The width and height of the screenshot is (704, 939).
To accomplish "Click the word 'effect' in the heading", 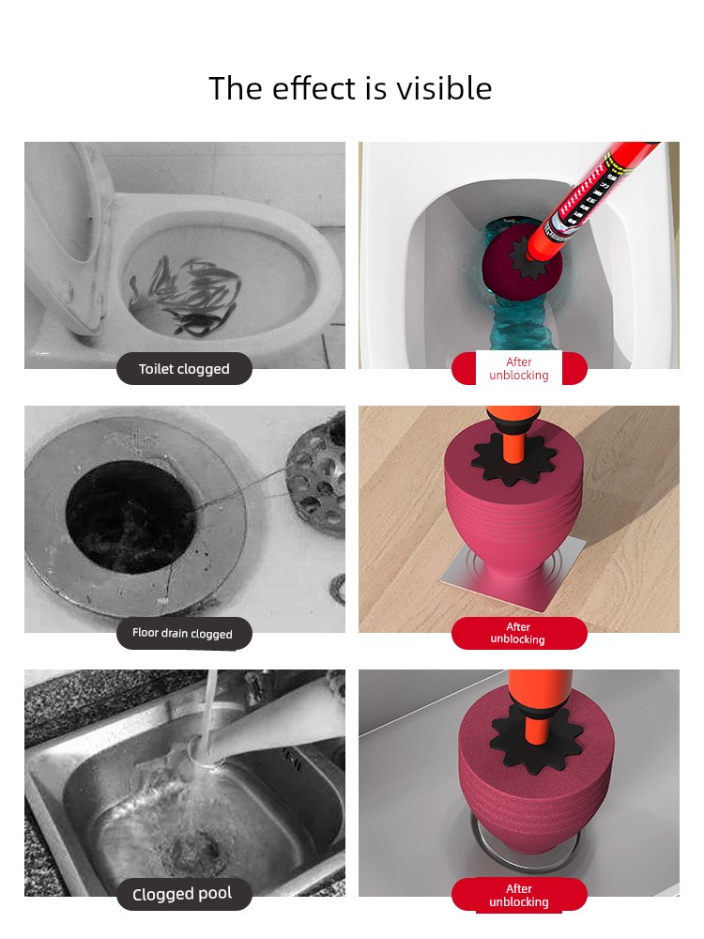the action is (314, 88).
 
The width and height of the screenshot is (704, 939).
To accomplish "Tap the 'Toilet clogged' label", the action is (184, 369).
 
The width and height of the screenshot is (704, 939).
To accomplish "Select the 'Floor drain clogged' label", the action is (183, 634).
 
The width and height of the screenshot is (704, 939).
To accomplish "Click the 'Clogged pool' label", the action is (183, 894).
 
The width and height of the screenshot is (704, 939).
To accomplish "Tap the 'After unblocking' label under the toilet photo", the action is (519, 368).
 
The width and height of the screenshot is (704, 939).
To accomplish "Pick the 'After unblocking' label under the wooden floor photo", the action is (518, 633).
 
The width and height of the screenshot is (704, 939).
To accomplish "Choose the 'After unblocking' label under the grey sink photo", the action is (519, 895).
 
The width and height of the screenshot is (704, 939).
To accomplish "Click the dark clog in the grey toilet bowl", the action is (186, 293).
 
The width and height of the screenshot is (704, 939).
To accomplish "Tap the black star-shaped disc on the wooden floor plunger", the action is (513, 458).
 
